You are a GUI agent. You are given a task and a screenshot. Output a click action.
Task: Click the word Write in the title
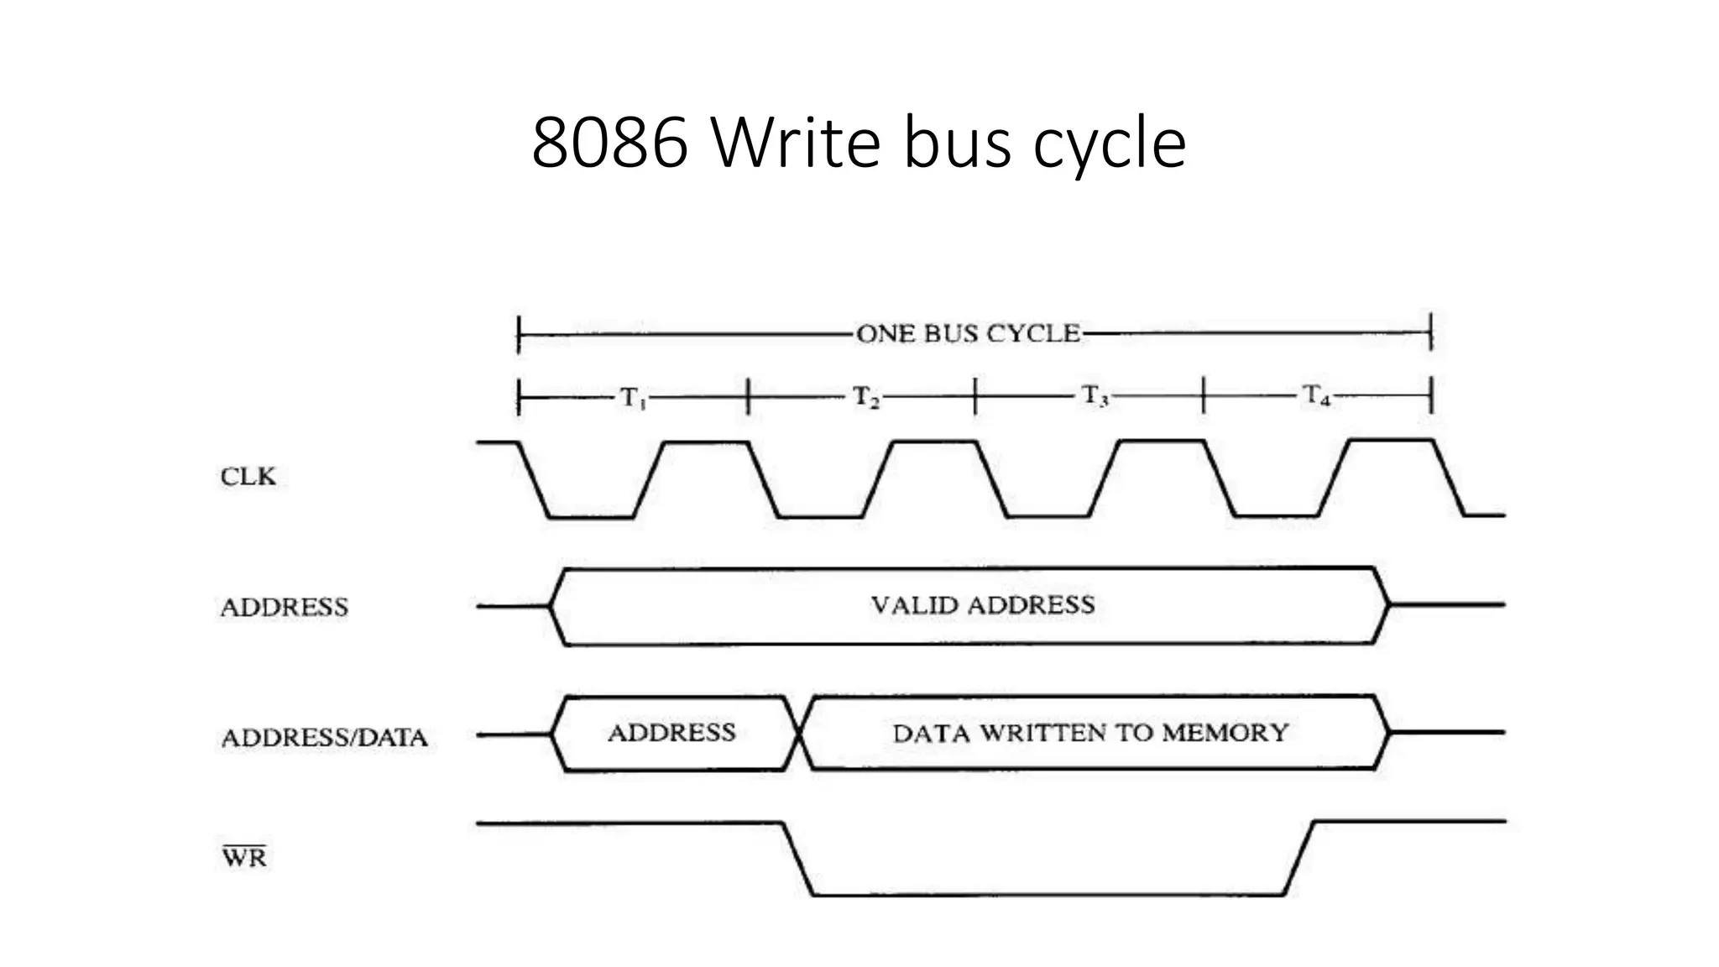pyautogui.click(x=797, y=143)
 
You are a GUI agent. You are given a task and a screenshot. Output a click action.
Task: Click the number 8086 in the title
pyautogui.click(x=610, y=143)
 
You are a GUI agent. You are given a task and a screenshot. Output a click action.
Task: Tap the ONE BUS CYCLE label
pyautogui.click(x=968, y=334)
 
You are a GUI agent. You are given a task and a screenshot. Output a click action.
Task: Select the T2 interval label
pyautogui.click(x=866, y=397)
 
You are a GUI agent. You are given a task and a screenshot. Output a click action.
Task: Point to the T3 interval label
pyautogui.click(x=1095, y=396)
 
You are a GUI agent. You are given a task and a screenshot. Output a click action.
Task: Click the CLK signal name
pyautogui.click(x=248, y=477)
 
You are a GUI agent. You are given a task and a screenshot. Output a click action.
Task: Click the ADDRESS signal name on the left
pyautogui.click(x=284, y=608)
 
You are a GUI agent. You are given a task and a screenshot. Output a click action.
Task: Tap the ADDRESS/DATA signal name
pyautogui.click(x=324, y=738)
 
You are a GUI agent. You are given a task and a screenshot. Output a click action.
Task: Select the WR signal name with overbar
pyautogui.click(x=244, y=857)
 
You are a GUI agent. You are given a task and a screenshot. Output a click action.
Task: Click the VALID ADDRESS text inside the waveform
pyautogui.click(x=982, y=605)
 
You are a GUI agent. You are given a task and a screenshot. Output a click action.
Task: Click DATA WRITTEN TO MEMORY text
pyautogui.click(x=1089, y=733)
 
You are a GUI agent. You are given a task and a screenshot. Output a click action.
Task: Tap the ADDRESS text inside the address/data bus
pyautogui.click(x=671, y=733)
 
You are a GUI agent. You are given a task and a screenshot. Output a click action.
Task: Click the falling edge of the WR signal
pyautogui.click(x=798, y=860)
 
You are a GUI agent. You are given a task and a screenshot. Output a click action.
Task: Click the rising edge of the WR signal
pyautogui.click(x=1298, y=858)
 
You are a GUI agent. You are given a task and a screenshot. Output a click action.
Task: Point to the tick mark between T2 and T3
pyautogui.click(x=975, y=396)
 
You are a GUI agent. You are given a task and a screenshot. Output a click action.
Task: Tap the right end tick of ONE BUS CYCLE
pyautogui.click(x=1431, y=332)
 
